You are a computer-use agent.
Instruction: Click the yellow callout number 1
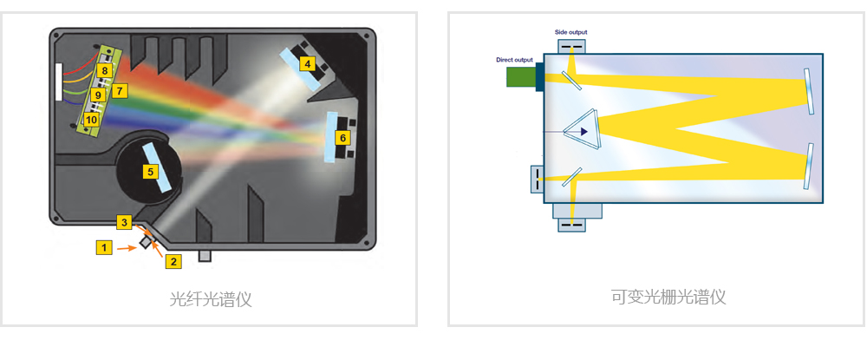pyautogui.click(x=103, y=247)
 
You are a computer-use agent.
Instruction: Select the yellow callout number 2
pyautogui.click(x=173, y=262)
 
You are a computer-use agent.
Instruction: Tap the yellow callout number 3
pyautogui.click(x=124, y=222)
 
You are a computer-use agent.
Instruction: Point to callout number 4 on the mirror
pyautogui.click(x=308, y=64)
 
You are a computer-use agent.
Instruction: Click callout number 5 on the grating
pyautogui.click(x=150, y=172)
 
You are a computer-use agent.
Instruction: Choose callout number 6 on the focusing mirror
pyautogui.click(x=342, y=138)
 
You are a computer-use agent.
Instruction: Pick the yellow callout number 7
pyautogui.click(x=120, y=90)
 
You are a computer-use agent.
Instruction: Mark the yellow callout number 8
pyautogui.click(x=103, y=70)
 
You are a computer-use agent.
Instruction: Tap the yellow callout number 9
pyautogui.click(x=98, y=95)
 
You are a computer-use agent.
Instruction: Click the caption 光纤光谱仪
pyautogui.click(x=210, y=299)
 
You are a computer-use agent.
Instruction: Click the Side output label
pyautogui.click(x=571, y=32)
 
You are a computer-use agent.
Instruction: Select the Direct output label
pyautogui.click(x=515, y=59)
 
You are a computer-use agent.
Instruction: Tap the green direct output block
pyautogui.click(x=521, y=77)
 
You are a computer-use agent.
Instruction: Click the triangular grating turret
pyautogui.click(x=583, y=131)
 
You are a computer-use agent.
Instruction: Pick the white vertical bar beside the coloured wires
pyautogui.click(x=59, y=82)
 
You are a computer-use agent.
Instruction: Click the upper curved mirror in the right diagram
pyautogui.click(x=808, y=91)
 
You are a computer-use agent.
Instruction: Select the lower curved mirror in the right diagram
pyautogui.click(x=809, y=166)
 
